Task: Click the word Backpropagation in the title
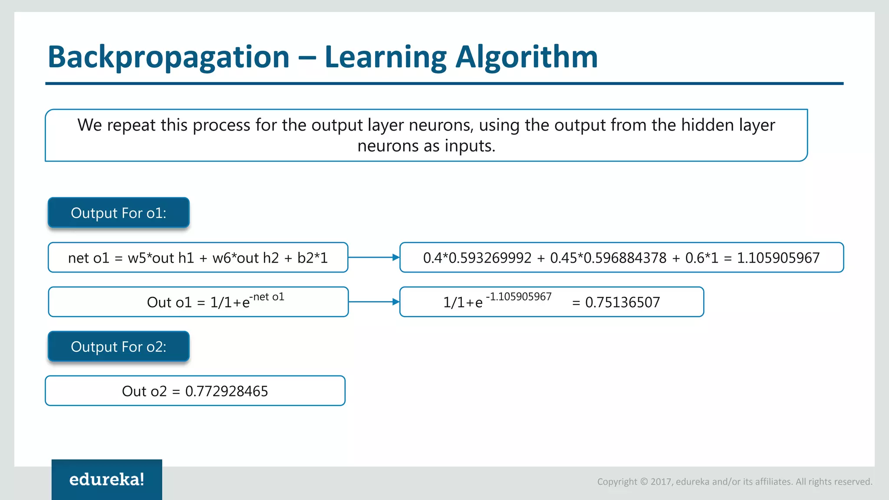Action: pos(168,57)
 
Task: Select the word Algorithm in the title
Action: pos(526,57)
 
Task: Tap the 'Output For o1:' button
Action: pos(119,213)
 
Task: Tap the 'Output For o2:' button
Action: pos(119,347)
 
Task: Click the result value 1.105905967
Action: pos(778,258)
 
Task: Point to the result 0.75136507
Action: pos(622,303)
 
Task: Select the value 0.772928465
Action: pos(227,391)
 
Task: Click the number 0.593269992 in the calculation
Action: pos(490,258)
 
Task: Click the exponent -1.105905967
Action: pos(519,297)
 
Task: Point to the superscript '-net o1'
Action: pos(267,297)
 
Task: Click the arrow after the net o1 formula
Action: pos(374,258)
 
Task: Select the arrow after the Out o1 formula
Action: pos(374,302)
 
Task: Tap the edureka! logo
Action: pos(107,480)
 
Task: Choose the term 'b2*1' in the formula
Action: pos(313,258)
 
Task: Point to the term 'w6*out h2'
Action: pos(246,258)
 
